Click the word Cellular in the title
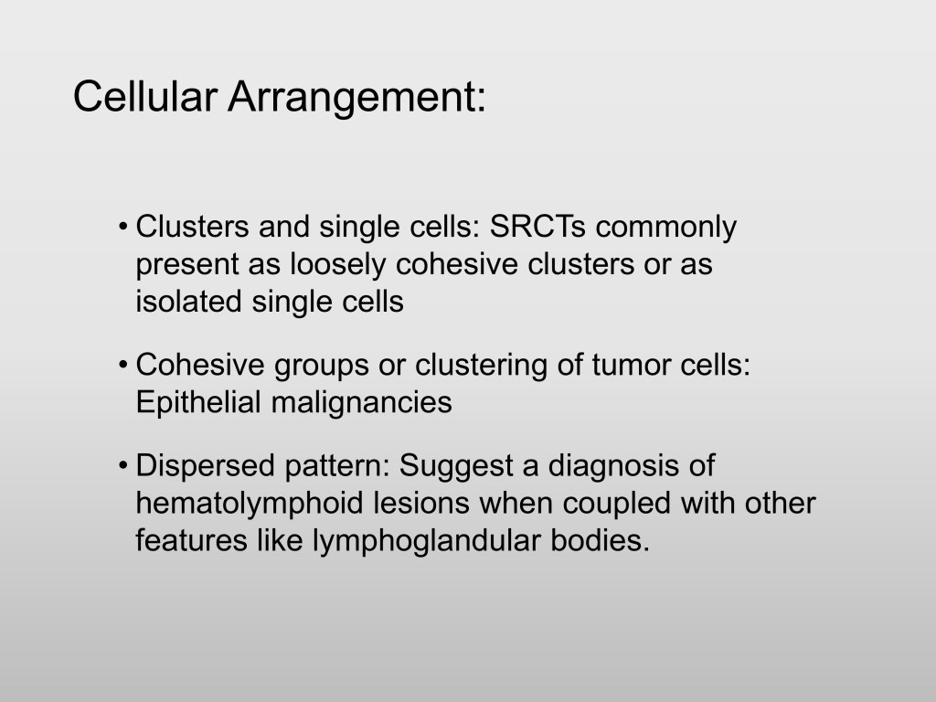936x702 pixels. (x=144, y=96)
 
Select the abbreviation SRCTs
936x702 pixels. (x=537, y=227)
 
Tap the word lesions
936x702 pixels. (x=421, y=503)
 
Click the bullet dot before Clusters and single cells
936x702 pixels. (x=123, y=228)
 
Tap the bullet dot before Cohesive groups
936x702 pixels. (x=123, y=366)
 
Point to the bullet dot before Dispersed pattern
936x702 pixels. (x=123, y=466)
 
